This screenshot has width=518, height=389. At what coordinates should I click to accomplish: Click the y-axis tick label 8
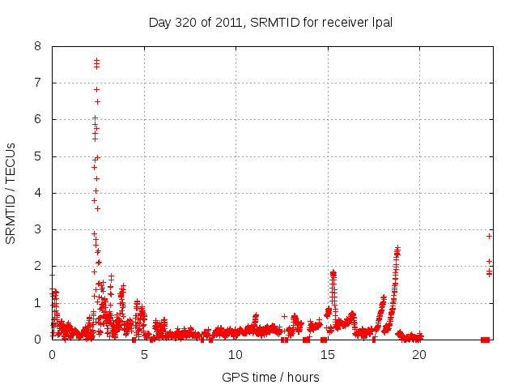pos(38,46)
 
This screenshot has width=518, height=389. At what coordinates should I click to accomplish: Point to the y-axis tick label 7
pos(38,83)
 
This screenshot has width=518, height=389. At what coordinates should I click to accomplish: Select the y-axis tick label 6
pos(38,119)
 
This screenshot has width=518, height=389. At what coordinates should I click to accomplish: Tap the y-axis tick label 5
pos(38,156)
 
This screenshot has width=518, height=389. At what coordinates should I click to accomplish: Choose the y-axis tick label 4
pos(38,193)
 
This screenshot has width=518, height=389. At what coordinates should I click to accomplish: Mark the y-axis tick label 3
pos(38,229)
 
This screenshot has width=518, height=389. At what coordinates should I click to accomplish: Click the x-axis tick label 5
pos(144,354)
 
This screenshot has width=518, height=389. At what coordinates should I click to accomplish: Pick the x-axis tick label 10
pos(236,354)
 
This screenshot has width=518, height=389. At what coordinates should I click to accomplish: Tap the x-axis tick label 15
pos(327,354)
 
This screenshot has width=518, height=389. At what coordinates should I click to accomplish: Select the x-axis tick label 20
pos(419,354)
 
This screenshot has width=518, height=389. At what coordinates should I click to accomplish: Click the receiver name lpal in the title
pos(380,22)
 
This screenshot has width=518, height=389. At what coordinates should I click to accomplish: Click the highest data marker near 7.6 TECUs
pos(96,60)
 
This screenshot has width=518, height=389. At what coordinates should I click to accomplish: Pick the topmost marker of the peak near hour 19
pos(397,248)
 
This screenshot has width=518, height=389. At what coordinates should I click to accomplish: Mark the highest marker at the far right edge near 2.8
pos(489,236)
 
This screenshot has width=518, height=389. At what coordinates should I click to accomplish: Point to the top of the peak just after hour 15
pos(333,273)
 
